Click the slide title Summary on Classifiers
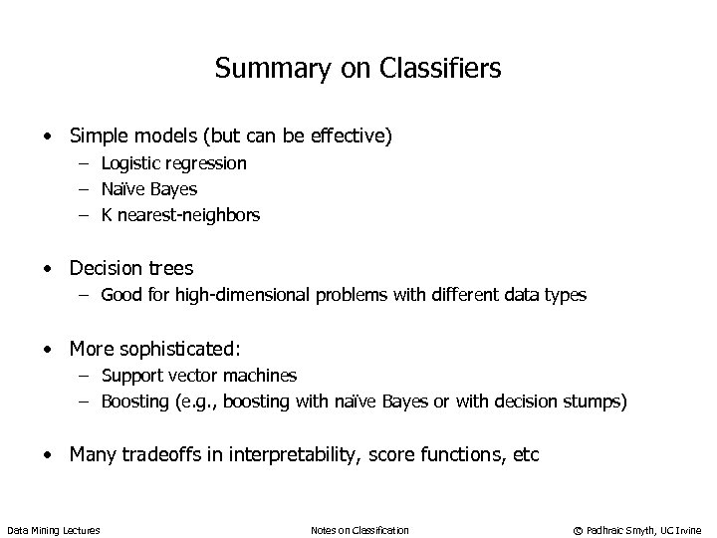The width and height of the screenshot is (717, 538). click(358, 69)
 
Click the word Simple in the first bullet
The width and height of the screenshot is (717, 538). click(97, 134)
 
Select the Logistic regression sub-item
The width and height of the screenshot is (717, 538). click(173, 162)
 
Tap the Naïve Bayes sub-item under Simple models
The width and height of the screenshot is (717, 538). click(148, 188)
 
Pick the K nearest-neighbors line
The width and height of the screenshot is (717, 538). click(180, 214)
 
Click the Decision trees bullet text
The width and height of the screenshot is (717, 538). click(130, 268)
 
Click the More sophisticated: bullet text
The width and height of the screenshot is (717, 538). click(154, 349)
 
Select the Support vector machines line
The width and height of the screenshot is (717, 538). click(199, 376)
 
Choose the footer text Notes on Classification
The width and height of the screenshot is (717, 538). click(359, 529)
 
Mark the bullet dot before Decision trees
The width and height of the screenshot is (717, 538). click(47, 269)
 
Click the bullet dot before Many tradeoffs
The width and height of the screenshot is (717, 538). click(47, 456)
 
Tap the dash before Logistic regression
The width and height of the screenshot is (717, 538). click(86, 163)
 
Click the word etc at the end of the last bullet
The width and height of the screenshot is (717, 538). click(525, 455)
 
